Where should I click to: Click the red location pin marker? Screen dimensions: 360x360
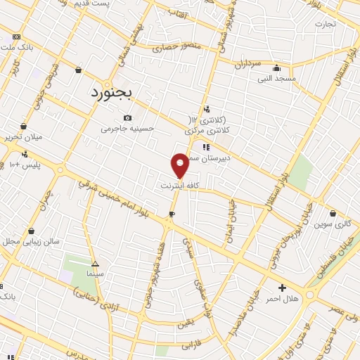(180, 165)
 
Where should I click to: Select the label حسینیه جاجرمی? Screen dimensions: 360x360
(127, 128)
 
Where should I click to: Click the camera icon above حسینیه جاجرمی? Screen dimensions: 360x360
(127, 118)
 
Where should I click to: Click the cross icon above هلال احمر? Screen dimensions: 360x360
(282, 287)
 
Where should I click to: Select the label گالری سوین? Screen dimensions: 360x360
(333, 224)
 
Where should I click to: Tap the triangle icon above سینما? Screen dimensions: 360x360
(96, 261)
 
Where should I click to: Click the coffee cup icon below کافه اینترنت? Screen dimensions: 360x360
(172, 213)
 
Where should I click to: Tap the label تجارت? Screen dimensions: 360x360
(325, 23)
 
